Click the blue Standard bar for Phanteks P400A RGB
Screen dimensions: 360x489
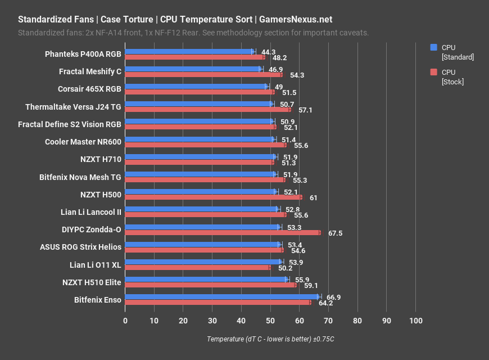[x=189, y=51]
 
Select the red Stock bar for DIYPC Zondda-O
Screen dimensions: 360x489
[x=223, y=232]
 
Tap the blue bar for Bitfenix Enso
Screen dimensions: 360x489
[x=222, y=296]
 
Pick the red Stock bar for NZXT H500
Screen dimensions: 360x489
[x=213, y=197]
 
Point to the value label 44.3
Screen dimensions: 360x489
[x=269, y=51]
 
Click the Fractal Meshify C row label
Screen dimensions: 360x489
[x=90, y=71]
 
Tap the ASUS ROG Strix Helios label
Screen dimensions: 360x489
[x=80, y=247]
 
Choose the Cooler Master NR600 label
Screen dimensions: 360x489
[x=83, y=142]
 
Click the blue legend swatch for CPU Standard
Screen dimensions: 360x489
[x=433, y=47]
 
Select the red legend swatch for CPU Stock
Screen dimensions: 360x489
[x=433, y=72]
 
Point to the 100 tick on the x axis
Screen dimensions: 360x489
[x=415, y=321]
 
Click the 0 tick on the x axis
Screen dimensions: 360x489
[x=125, y=321]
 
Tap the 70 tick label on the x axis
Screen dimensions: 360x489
[x=328, y=321]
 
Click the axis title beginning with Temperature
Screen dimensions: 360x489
[x=270, y=339]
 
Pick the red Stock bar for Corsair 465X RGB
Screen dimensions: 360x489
[x=200, y=92]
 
